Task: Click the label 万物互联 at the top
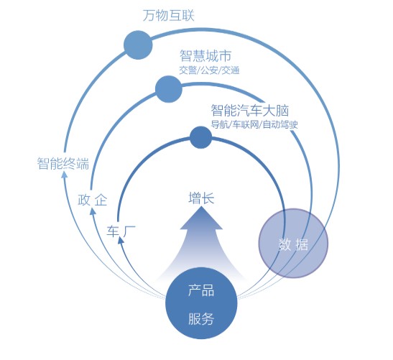tap(169, 16)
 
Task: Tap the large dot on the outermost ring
tap(138, 45)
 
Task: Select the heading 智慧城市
tap(205, 55)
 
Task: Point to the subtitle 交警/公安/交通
tap(209, 70)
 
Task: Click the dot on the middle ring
tap(169, 89)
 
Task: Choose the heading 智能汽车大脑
tap(250, 111)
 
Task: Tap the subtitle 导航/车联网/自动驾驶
tap(254, 124)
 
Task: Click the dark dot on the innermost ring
tap(200, 137)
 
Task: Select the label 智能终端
tap(63, 163)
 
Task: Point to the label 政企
tap(93, 200)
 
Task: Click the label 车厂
tap(121, 231)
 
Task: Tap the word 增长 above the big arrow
tap(201, 198)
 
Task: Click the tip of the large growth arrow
tap(201, 207)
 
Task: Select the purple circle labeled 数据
tap(293, 244)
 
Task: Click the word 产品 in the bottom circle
tap(201, 290)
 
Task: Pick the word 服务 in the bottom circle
tap(201, 319)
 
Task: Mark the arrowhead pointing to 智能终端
tap(65, 175)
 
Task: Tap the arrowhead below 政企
tap(93, 211)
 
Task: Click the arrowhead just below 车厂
tap(121, 241)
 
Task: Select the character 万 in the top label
tap(149, 16)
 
